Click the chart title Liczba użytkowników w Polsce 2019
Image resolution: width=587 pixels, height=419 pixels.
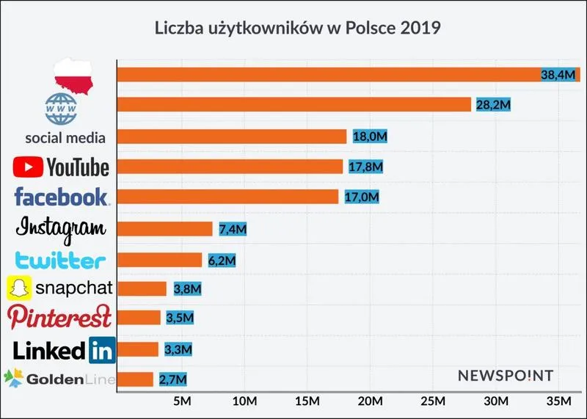(297, 29)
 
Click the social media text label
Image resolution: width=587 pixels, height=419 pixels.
(65, 137)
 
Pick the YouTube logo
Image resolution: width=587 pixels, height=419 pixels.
(62, 167)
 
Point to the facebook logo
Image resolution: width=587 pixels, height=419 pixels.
(62, 197)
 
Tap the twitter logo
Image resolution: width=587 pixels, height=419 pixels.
(61, 260)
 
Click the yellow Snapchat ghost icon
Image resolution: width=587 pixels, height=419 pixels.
(19, 288)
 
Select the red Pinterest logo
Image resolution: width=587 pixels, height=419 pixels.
(60, 318)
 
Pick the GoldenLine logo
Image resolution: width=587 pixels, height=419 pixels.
(59, 379)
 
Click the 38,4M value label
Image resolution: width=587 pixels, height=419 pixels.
(558, 75)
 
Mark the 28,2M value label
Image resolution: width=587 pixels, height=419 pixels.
(491, 105)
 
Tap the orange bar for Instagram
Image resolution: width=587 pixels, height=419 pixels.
(164, 229)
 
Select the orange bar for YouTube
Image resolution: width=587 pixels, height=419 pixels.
(230, 167)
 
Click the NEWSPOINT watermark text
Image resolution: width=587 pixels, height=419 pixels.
(505, 376)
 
